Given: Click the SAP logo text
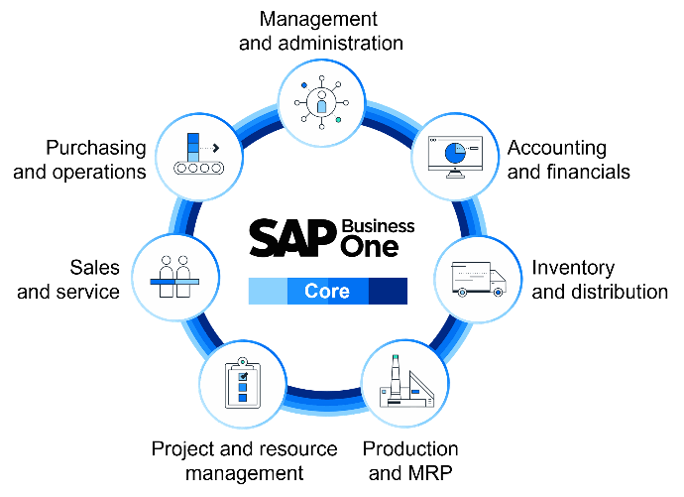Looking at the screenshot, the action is pos(293,238).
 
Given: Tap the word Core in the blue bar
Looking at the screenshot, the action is pos(327,291).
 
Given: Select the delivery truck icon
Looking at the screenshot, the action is pos(479,280).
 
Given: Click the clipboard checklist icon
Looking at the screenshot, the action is pos(243,383).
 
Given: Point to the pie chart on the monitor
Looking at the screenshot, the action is pos(455,153).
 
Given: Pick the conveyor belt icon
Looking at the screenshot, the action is pos(199,154).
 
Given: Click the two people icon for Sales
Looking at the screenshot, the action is pos(174,277).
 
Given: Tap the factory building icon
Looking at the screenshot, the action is pos(406,381).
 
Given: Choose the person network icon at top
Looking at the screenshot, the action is pos(321,103).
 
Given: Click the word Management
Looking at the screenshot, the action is pos(318,19).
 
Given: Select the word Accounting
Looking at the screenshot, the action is pos(557,149).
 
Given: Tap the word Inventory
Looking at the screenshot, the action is pos(573,268).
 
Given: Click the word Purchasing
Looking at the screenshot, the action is pos(96,149).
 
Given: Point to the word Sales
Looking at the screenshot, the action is pos(94,268).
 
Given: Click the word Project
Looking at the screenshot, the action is pos(183,449).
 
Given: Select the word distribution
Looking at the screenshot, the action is pos(619,292).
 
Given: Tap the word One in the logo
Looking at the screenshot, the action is pos(369,247).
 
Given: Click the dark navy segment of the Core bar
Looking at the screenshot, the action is pos(388,291).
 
